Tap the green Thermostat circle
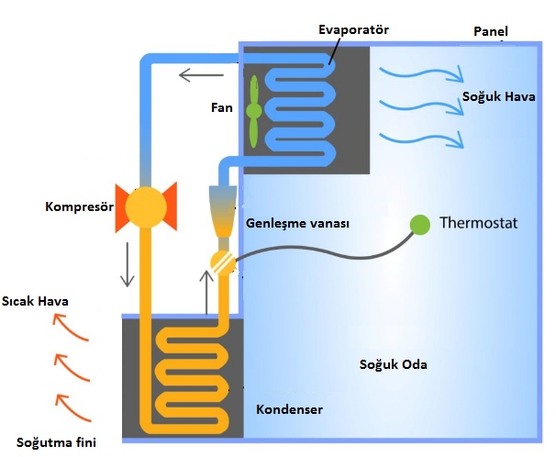click(419, 223)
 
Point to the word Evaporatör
click(353, 30)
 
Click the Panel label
click(491, 32)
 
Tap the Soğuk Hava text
click(501, 96)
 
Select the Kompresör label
click(79, 206)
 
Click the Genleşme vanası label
click(297, 223)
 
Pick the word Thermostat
click(479, 223)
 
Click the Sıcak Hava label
click(36, 301)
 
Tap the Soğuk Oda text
click(393, 364)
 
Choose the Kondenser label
click(289, 408)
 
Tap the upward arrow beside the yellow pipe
click(206, 288)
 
